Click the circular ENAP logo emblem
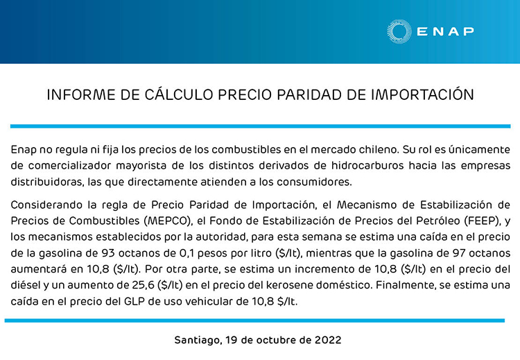[399, 31]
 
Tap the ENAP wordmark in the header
[445, 31]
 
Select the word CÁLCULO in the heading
[179, 94]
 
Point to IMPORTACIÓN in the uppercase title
[422, 94]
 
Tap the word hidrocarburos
[367, 166]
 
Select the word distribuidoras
[47, 182]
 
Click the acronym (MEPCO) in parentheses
[168, 221]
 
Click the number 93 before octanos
[108, 253]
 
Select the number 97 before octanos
[460, 253]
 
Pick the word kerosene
[289, 285]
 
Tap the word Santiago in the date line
[198, 340]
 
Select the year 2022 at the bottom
[328, 340]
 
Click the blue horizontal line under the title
[260, 126]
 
